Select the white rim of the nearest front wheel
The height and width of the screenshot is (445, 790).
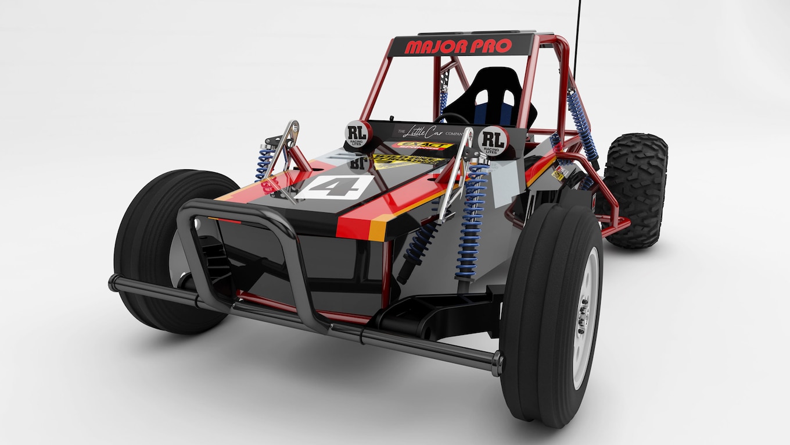(586, 317)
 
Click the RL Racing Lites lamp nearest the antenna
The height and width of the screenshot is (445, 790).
(493, 141)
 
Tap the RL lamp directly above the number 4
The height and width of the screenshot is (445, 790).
(358, 134)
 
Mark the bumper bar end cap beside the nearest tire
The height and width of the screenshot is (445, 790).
(497, 364)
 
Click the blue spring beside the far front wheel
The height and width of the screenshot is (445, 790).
(265, 163)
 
